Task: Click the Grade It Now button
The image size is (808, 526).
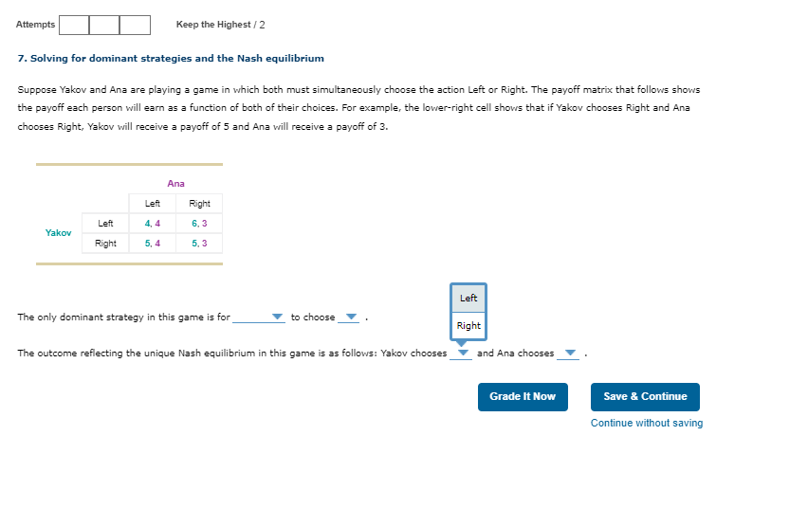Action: point(523,396)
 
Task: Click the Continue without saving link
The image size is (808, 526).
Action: point(647,423)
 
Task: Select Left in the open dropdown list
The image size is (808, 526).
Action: point(468,299)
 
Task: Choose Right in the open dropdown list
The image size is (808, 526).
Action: point(468,326)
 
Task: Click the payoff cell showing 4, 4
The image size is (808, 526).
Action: point(153,224)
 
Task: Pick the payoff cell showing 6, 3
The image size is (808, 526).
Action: point(199,224)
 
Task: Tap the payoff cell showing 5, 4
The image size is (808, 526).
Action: point(153,244)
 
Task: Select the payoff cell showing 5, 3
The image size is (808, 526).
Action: point(199,244)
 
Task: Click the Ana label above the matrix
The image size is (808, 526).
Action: point(175,183)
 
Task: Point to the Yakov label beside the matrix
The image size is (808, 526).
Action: point(58,232)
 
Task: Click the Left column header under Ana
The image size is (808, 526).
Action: point(153,204)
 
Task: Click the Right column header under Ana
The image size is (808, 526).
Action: point(199,204)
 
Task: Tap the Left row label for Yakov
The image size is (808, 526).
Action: point(105,224)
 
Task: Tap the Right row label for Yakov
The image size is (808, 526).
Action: point(105,244)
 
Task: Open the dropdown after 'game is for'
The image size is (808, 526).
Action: point(259,317)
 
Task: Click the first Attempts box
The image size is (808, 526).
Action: point(74,25)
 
